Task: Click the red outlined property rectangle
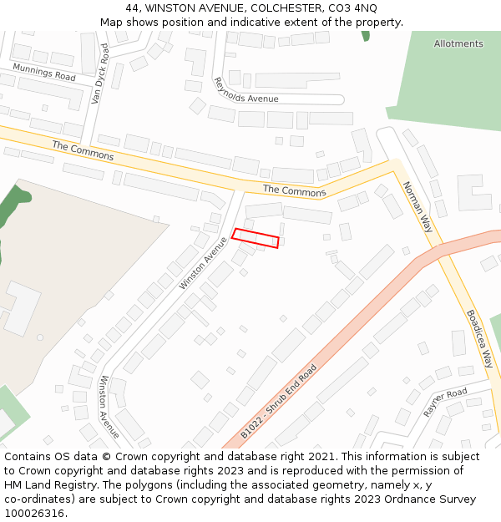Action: [x=255, y=238]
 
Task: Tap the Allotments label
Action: [x=458, y=43]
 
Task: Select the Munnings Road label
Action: [x=44, y=71]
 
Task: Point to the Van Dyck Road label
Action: [x=99, y=73]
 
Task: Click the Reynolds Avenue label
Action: [x=245, y=92]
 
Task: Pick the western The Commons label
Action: [x=83, y=150]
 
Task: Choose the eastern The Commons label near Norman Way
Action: [x=294, y=191]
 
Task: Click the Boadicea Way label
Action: [x=479, y=339]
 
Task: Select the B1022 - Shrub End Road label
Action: [x=279, y=401]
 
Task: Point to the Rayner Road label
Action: [x=445, y=403]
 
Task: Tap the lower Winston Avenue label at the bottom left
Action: [x=109, y=407]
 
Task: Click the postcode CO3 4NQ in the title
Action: [x=354, y=8]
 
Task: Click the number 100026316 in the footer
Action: [x=34, y=514]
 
